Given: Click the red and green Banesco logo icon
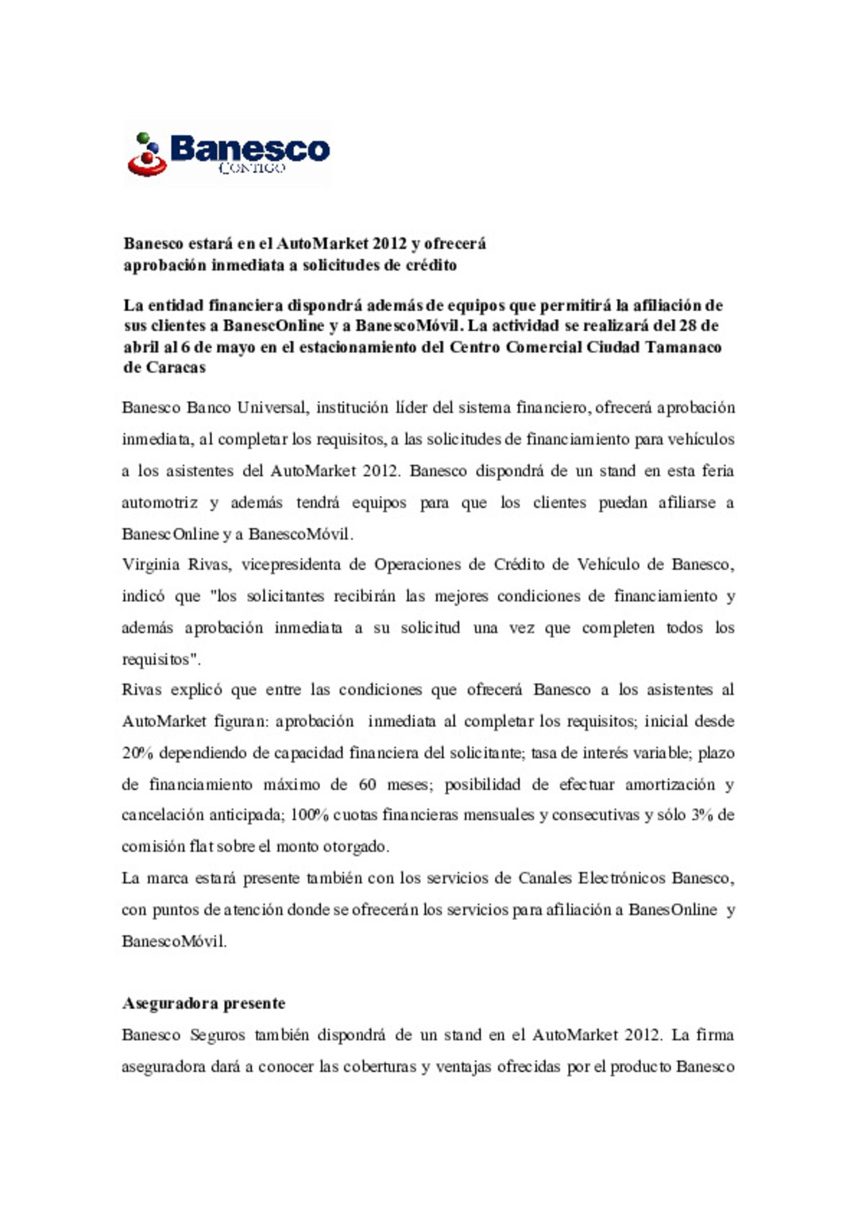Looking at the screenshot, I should (x=147, y=154).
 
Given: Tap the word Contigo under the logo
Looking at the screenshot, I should (x=251, y=168).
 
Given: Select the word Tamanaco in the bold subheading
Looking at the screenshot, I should (x=683, y=347).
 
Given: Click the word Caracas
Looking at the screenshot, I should (x=176, y=368).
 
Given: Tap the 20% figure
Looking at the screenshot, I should (x=137, y=753).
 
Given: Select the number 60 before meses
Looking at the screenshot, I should (x=367, y=784).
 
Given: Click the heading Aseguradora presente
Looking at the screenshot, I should (x=204, y=1003).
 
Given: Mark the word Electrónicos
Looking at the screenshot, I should (x=621, y=878).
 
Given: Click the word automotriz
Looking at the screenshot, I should (x=160, y=503).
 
